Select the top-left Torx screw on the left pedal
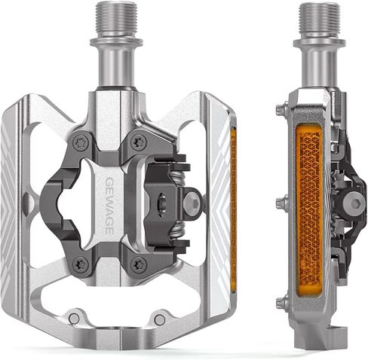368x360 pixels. pos(81,141)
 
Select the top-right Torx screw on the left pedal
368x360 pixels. pos(137,141)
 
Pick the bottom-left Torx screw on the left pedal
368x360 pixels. pos(81,264)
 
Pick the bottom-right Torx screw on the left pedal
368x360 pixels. pos(138,264)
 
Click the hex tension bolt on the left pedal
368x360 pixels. pos(193,202)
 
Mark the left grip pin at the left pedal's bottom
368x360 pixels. pos(73,318)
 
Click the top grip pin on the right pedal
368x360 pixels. pos(281,110)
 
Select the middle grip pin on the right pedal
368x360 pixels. pos(281,202)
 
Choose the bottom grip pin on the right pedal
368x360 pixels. pos(281,303)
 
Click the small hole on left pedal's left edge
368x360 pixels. pos(26,202)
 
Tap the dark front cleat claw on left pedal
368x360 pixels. pos(57,202)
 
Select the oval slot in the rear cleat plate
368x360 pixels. pos(161,201)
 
